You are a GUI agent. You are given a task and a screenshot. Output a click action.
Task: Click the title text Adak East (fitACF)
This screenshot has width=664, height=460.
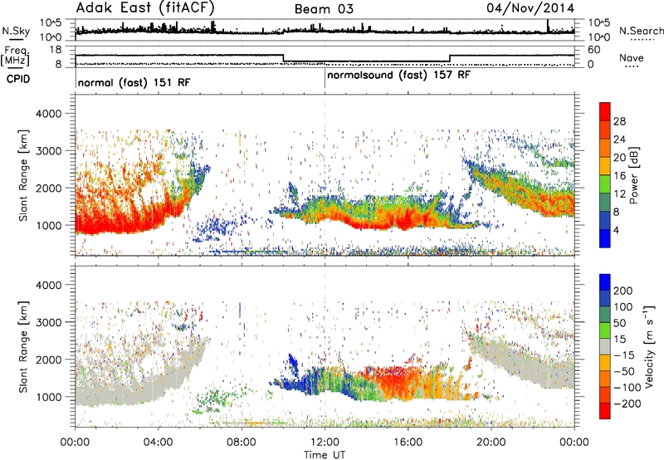pyautogui.click(x=145, y=7)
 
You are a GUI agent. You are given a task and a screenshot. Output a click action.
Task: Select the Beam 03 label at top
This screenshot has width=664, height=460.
pyautogui.click(x=324, y=9)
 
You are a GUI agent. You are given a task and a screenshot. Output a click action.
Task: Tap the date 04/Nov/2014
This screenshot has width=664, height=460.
pyautogui.click(x=530, y=8)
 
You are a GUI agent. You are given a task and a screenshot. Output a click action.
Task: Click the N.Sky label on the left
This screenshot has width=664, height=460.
pyautogui.click(x=16, y=31)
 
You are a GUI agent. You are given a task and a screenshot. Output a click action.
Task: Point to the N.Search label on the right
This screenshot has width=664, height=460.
pyautogui.click(x=641, y=31)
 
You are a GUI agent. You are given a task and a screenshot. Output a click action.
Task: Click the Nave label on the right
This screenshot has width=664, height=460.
pyautogui.click(x=631, y=57)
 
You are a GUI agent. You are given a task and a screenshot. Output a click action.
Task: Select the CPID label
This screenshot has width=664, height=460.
pyautogui.click(x=18, y=79)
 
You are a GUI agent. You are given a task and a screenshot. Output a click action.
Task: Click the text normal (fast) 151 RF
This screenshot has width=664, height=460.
pyautogui.click(x=134, y=82)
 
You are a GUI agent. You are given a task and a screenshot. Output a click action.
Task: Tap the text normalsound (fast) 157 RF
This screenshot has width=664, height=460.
pyautogui.click(x=398, y=75)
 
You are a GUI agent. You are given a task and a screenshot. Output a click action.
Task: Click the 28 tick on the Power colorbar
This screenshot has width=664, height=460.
pyautogui.click(x=619, y=121)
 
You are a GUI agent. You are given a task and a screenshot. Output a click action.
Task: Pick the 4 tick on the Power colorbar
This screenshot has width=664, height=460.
pyautogui.click(x=616, y=231)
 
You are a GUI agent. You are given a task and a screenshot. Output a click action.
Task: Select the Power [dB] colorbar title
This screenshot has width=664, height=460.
pyautogui.click(x=634, y=175)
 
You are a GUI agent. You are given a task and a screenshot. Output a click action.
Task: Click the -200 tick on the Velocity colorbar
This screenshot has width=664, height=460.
pyautogui.click(x=627, y=404)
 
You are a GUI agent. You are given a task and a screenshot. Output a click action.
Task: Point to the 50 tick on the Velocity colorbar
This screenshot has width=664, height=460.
pyautogui.click(x=619, y=323)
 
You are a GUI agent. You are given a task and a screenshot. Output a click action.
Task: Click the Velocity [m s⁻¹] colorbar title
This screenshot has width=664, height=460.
pyautogui.click(x=649, y=346)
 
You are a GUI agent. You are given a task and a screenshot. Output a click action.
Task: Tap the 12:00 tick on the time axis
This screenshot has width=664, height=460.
pyautogui.click(x=325, y=443)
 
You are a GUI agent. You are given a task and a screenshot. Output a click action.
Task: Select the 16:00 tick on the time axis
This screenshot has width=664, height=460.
pyautogui.click(x=408, y=443)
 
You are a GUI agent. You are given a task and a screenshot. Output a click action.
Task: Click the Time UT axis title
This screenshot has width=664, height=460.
pyautogui.click(x=325, y=455)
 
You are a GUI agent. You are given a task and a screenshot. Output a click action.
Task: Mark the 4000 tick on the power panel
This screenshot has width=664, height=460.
pyautogui.click(x=49, y=114)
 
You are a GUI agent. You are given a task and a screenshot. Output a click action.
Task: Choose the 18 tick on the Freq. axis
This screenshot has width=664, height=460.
pyautogui.click(x=56, y=50)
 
